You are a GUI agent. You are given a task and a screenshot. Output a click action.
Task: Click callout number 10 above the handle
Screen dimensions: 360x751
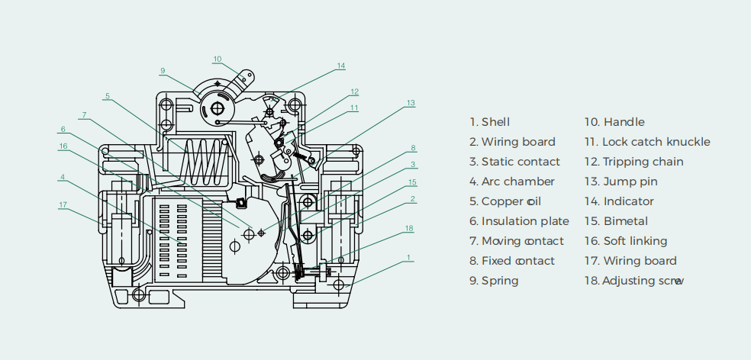[218, 59]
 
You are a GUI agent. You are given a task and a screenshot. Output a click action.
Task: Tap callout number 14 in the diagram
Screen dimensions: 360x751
[341, 66]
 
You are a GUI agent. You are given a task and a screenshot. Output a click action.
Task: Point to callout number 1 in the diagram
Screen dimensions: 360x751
[409, 258]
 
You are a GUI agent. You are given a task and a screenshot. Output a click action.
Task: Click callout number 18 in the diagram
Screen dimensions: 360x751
[409, 228]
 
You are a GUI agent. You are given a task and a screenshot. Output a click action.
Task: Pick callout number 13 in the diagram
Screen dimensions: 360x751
[410, 102]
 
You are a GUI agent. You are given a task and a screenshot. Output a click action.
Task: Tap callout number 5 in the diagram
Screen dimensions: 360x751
[108, 96]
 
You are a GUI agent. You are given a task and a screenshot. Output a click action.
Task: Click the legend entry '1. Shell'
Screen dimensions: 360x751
[490, 122]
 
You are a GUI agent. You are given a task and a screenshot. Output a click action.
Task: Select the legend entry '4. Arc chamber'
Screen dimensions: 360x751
[512, 182]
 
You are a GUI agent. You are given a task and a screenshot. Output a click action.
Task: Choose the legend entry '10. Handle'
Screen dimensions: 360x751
[614, 122]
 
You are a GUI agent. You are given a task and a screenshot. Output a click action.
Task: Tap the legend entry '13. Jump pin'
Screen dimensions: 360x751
[620, 182]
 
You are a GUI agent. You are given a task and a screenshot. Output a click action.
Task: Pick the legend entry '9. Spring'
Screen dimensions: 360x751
[494, 281]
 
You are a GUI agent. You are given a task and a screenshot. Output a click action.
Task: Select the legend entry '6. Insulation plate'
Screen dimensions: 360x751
[519, 221]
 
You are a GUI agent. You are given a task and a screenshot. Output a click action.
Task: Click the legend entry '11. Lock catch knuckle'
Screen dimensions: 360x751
[647, 142]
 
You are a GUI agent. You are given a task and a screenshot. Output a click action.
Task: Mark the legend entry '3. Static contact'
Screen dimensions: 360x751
[514, 162]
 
